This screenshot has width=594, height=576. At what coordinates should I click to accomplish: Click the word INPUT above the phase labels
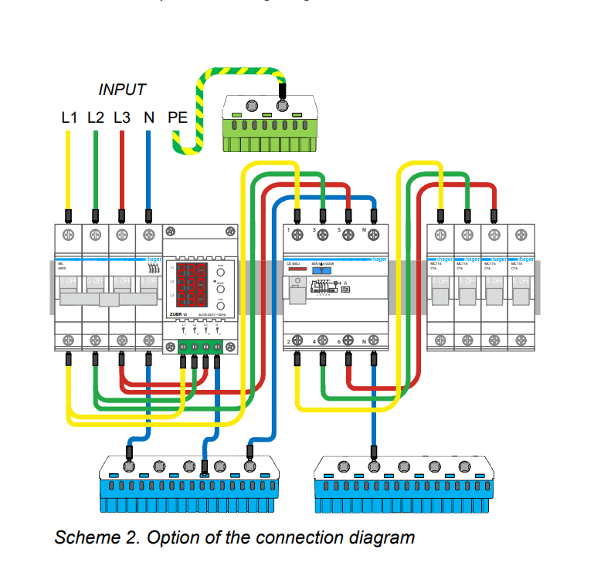[122, 90]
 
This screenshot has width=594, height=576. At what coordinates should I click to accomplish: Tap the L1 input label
[70, 118]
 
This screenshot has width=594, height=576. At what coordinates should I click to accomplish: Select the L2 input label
[96, 118]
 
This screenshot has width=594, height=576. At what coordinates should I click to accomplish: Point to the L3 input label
[122, 118]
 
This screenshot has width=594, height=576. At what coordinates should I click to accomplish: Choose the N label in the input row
[148, 118]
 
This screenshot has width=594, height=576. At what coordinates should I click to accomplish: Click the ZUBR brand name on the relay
[175, 315]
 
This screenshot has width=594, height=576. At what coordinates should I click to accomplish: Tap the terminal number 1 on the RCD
[287, 231]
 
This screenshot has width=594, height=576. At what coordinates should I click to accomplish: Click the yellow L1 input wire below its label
[69, 170]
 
